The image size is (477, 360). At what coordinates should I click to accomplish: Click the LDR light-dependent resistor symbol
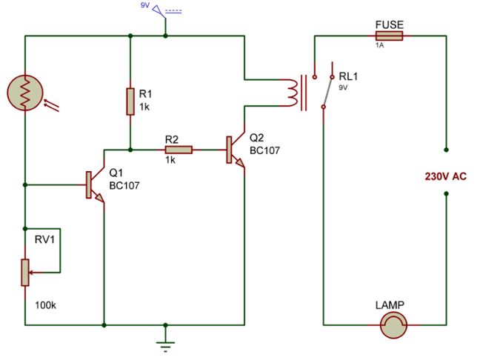point(25,93)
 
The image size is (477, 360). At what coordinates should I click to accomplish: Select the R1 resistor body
point(130,101)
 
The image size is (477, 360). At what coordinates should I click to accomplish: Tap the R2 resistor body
point(179,150)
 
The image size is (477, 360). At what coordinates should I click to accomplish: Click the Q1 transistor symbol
point(95,185)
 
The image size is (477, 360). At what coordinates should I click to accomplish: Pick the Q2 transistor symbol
point(235,150)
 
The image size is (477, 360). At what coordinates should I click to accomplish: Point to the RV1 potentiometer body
point(25,273)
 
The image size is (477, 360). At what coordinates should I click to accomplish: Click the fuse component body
point(389,36)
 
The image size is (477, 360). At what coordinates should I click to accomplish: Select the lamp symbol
point(393,325)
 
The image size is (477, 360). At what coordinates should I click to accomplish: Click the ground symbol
point(165,344)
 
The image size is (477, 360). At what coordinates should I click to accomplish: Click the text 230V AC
point(445,176)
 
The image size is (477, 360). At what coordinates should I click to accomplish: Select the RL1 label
point(348,76)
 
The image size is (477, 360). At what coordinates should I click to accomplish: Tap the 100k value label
point(45,305)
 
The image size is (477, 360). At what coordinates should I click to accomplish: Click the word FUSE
point(390,24)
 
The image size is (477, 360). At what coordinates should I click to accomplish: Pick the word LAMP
point(390,305)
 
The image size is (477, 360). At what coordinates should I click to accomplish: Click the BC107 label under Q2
point(264,150)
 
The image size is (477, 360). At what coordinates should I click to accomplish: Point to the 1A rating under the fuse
point(379,45)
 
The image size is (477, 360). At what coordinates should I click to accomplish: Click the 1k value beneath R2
point(170,160)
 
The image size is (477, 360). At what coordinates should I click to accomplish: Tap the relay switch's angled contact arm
point(328,92)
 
